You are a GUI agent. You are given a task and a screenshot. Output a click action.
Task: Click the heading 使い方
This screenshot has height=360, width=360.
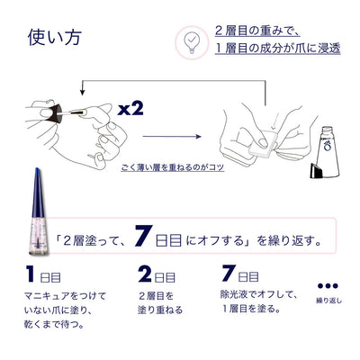pyautogui.click(x=55, y=38)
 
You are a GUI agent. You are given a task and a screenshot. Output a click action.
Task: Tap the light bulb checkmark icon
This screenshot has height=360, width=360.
pyautogui.click(x=192, y=41)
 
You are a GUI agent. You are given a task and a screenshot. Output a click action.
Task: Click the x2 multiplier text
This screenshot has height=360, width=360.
pyautogui.click(x=130, y=110)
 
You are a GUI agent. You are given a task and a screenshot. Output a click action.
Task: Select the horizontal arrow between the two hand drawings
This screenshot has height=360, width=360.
pyautogui.click(x=172, y=137)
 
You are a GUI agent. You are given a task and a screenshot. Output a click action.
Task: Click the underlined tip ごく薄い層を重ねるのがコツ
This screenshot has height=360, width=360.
pyautogui.click(x=173, y=167)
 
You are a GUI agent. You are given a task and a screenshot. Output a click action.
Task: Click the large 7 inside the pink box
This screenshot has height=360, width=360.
pyautogui.click(x=142, y=236)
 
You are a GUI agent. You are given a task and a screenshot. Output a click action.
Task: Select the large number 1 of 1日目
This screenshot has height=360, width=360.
pyautogui.click(x=31, y=274)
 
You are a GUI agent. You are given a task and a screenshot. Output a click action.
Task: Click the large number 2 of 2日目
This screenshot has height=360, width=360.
pyautogui.click(x=145, y=274)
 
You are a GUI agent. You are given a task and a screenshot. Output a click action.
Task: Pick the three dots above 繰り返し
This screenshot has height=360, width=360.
pyautogui.click(x=328, y=285)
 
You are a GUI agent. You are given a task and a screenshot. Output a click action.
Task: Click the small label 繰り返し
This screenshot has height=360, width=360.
pyautogui.click(x=328, y=301)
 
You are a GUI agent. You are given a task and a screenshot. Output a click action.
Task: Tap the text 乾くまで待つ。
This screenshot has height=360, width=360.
pyautogui.click(x=54, y=324)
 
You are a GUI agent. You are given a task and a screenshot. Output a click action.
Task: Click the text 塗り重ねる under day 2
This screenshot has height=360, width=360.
pyautogui.click(x=160, y=310)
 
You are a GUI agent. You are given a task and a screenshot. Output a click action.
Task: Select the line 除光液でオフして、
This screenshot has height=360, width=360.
pyautogui.click(x=259, y=294)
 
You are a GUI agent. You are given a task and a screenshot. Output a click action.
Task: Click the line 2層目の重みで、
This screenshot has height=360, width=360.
pyautogui.click(x=257, y=31)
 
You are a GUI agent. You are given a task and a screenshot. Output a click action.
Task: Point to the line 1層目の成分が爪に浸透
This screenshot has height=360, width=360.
pyautogui.click(x=278, y=49)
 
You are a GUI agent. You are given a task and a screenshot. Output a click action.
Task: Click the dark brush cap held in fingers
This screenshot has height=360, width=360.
pyautogui.click(x=55, y=114)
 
